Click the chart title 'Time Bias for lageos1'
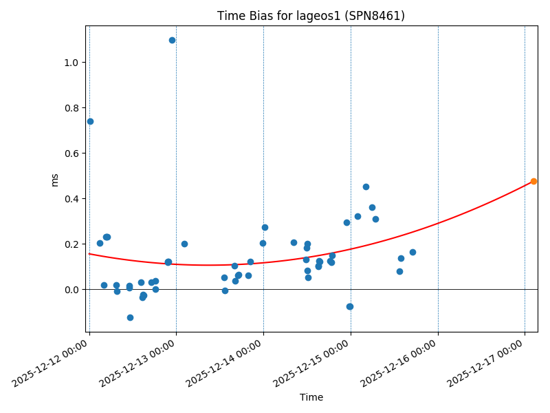pyautogui.click(x=311, y=16)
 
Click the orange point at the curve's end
pyautogui.click(x=533, y=181)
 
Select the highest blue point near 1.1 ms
pyautogui.click(x=172, y=40)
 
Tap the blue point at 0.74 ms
pyautogui.click(x=90, y=121)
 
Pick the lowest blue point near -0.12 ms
pyautogui.click(x=130, y=317)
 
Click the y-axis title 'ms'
pyautogui.click(x=55, y=180)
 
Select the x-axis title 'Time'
pyautogui.click(x=311, y=397)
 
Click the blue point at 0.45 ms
pyautogui.click(x=366, y=187)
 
